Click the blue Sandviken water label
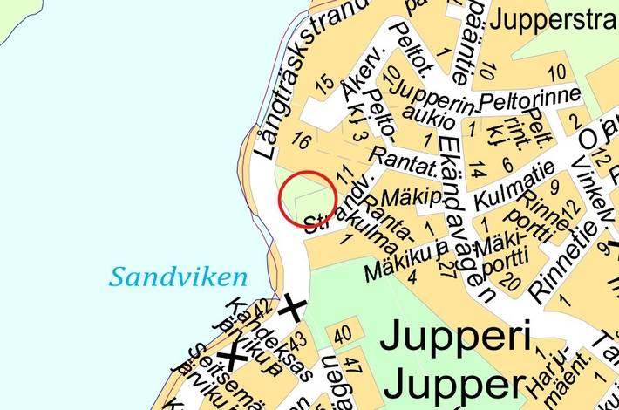click(x=179, y=278)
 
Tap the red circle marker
click(x=308, y=199)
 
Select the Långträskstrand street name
click(x=301, y=79)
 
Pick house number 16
click(x=302, y=140)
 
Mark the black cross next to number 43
click(x=292, y=307)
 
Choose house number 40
click(x=343, y=334)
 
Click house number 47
click(x=351, y=364)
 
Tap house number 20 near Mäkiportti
click(x=512, y=282)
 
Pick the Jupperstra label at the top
click(x=554, y=19)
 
